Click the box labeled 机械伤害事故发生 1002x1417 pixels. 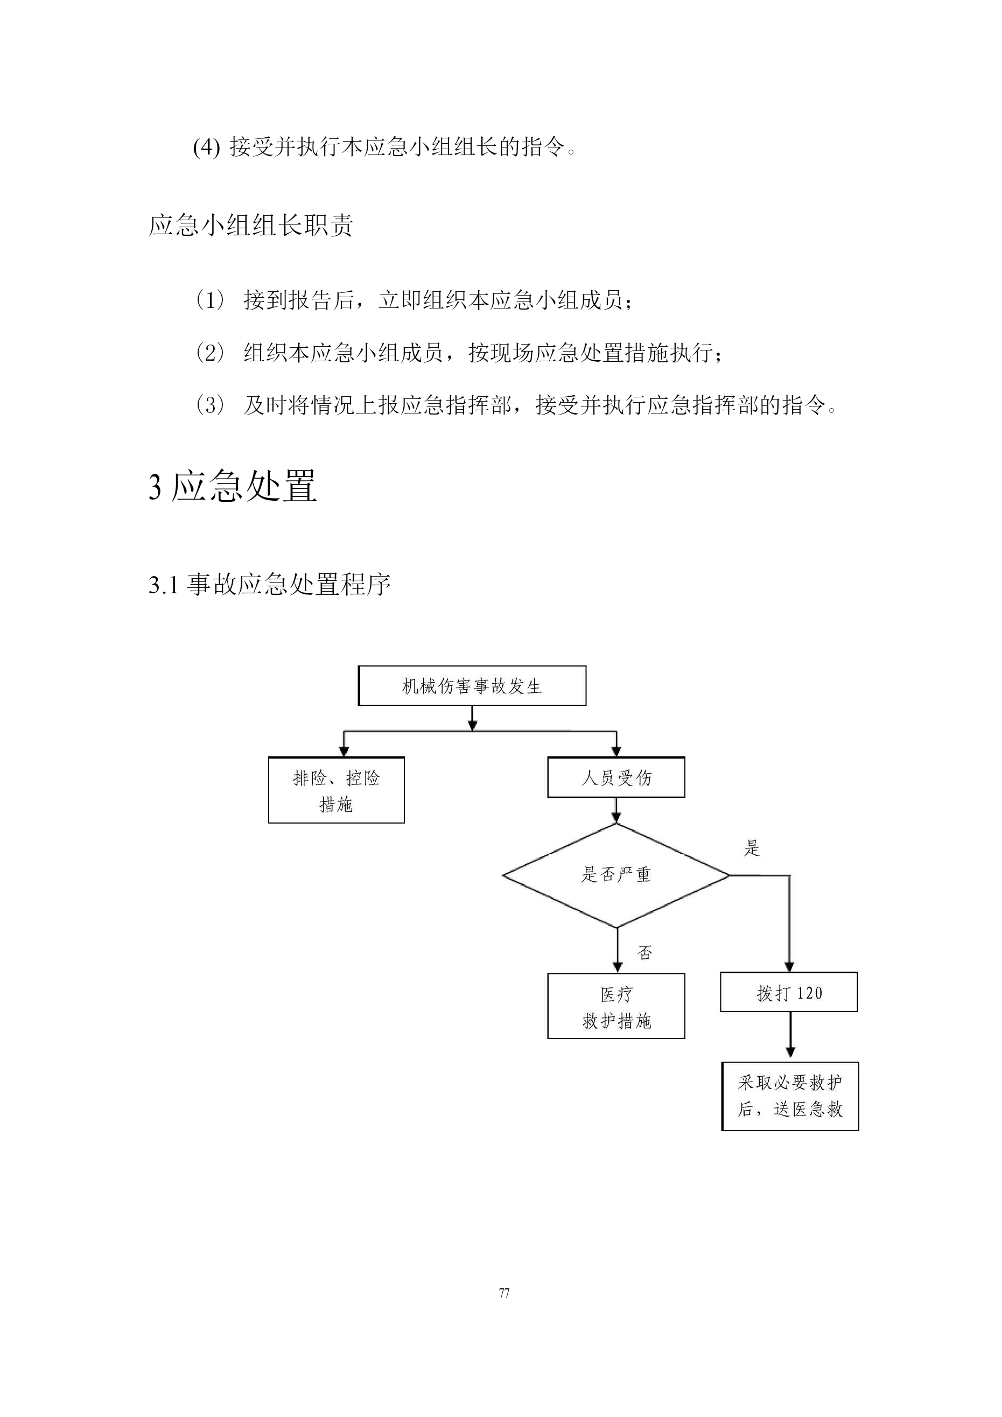pos(472,686)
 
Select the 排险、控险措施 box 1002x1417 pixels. pos(337,790)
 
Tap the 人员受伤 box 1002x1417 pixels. pos(616,777)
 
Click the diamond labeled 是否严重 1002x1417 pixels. pos(616,875)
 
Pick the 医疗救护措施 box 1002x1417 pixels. pos(616,1007)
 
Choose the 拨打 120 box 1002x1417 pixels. pos(789,992)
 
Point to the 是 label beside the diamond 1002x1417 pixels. pos(752,848)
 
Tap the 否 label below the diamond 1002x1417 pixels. pos(645,953)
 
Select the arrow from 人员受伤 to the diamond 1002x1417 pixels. pos(616,810)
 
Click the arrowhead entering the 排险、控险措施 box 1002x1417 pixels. pos(344,751)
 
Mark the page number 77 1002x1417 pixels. pos(504,1293)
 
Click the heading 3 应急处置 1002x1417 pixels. pos(233,486)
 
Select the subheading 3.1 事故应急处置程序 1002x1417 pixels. pos(269,584)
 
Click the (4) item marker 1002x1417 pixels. pos(206,148)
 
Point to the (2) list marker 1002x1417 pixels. pos(210,353)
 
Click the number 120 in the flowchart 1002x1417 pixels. pos(810,993)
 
